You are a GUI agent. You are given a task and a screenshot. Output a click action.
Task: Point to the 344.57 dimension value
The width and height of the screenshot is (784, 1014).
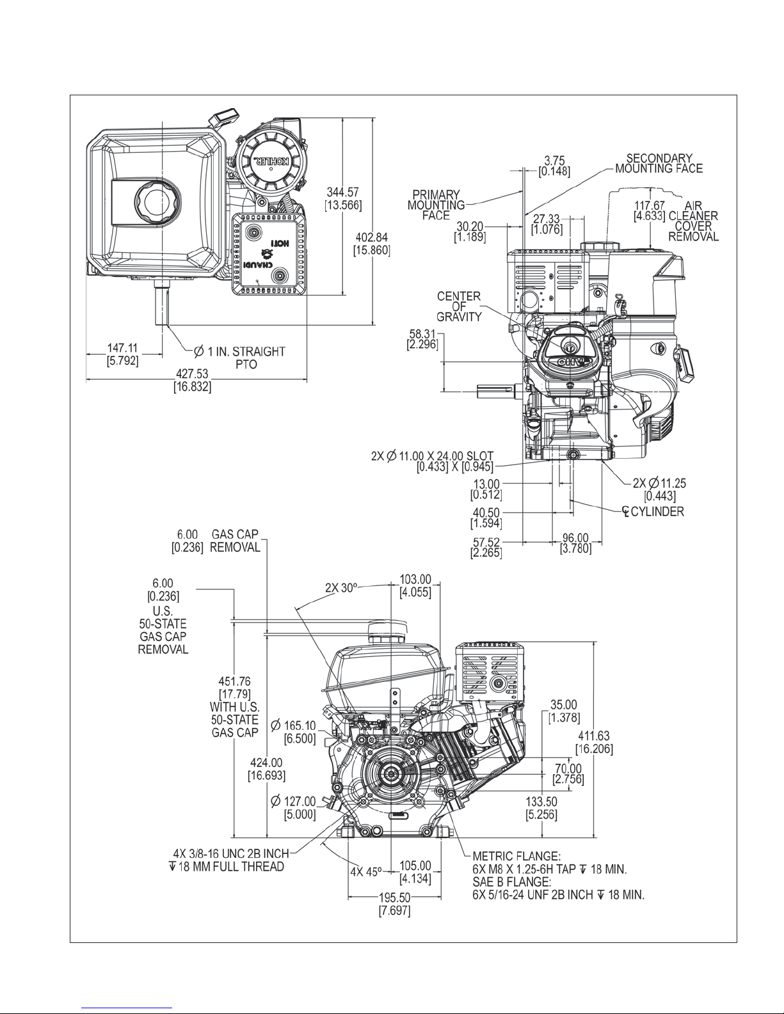(344, 193)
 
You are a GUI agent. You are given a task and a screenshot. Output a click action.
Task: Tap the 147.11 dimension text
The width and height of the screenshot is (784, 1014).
(123, 348)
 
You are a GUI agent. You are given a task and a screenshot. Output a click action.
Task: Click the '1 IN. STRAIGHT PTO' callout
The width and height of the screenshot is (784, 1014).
(239, 358)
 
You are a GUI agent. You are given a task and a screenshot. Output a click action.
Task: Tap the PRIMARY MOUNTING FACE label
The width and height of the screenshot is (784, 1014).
(436, 205)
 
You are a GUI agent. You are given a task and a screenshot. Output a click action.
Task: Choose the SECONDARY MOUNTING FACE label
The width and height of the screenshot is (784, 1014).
(659, 163)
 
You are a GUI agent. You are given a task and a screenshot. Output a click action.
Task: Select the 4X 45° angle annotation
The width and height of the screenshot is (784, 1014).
(366, 871)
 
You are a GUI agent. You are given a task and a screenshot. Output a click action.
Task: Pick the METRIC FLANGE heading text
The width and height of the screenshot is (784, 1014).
(516, 855)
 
